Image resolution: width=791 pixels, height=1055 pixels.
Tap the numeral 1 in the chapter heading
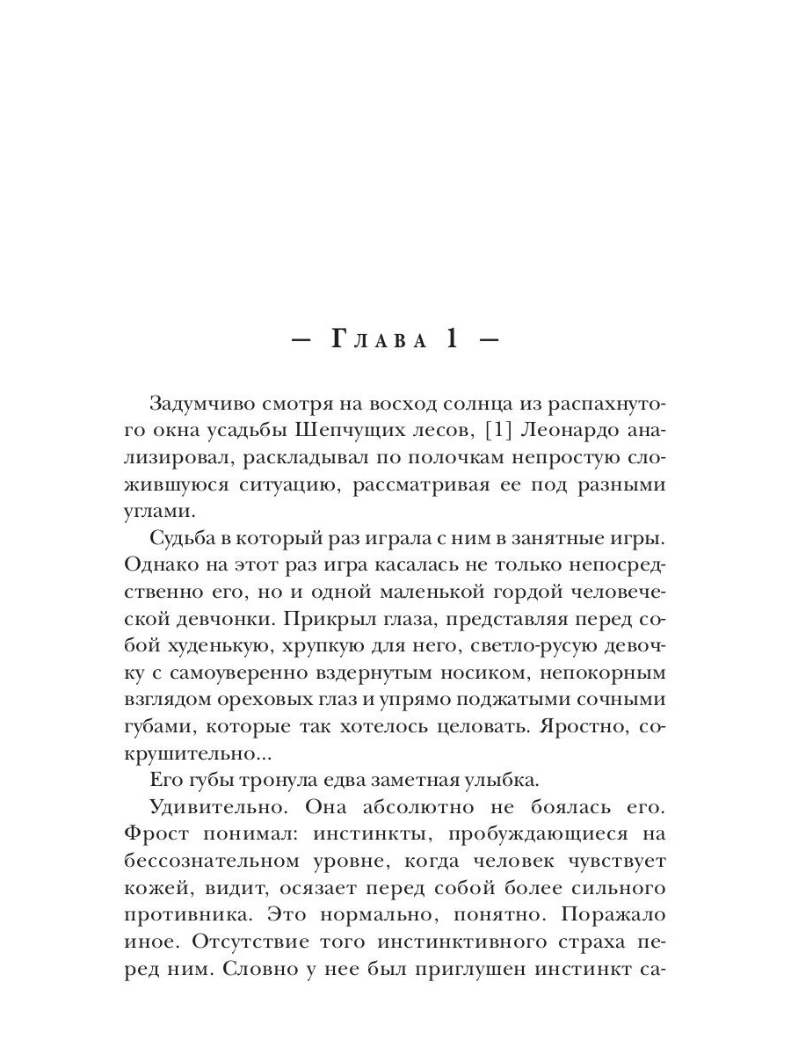point(453,340)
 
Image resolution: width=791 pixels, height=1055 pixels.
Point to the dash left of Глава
point(298,342)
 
